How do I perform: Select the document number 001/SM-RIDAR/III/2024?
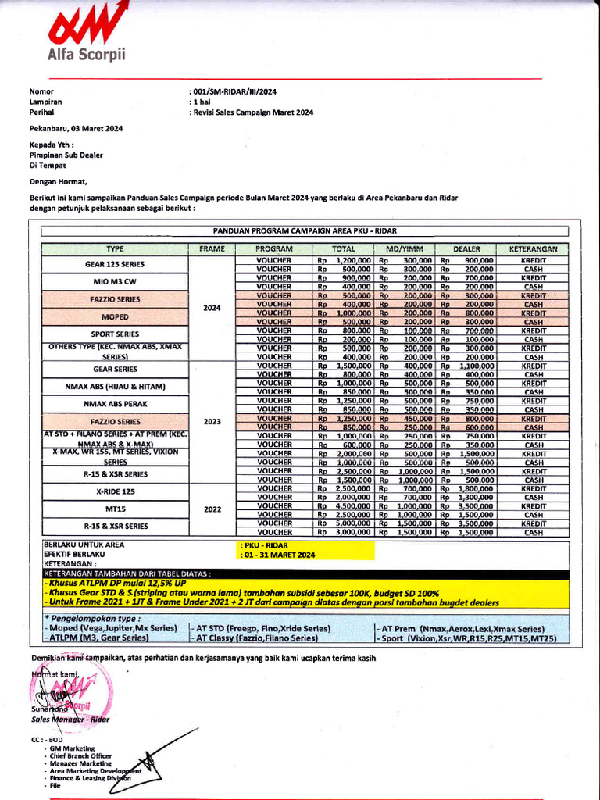pos(234,92)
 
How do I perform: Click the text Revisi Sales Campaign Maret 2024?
pos(253,112)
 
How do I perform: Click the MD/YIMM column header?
pos(405,248)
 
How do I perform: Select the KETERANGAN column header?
pos(533,248)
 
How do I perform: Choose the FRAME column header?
pos(212,248)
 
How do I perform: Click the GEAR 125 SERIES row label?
pos(115,264)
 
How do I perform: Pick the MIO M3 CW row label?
pos(115,282)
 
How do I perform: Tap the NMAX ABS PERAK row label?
pos(115,404)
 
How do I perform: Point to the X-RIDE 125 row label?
pos(115,492)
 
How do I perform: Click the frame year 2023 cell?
pos(212,422)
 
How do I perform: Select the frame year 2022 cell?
pos(212,509)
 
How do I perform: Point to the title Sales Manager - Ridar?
pos(70,720)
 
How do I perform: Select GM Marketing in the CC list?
pos(71,748)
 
